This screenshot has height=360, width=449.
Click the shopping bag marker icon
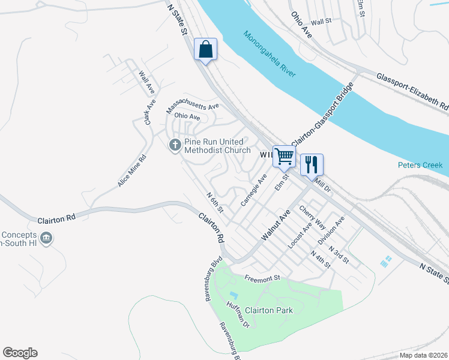coord(205,49)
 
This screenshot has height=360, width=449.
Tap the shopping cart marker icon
coord(285,156)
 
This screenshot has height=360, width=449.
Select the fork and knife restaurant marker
coord(312,164)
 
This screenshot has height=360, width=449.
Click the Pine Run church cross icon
coord(175,145)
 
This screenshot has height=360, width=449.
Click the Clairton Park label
coord(269,310)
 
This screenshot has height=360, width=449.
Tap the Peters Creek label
coord(420,165)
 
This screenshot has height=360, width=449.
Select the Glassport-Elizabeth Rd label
coord(412,91)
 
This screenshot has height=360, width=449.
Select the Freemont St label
coord(262,278)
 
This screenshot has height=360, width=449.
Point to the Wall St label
coord(321,22)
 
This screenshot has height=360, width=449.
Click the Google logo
coord(20,353)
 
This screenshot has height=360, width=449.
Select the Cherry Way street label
coord(312,218)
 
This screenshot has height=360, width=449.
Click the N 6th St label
coord(214,203)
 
